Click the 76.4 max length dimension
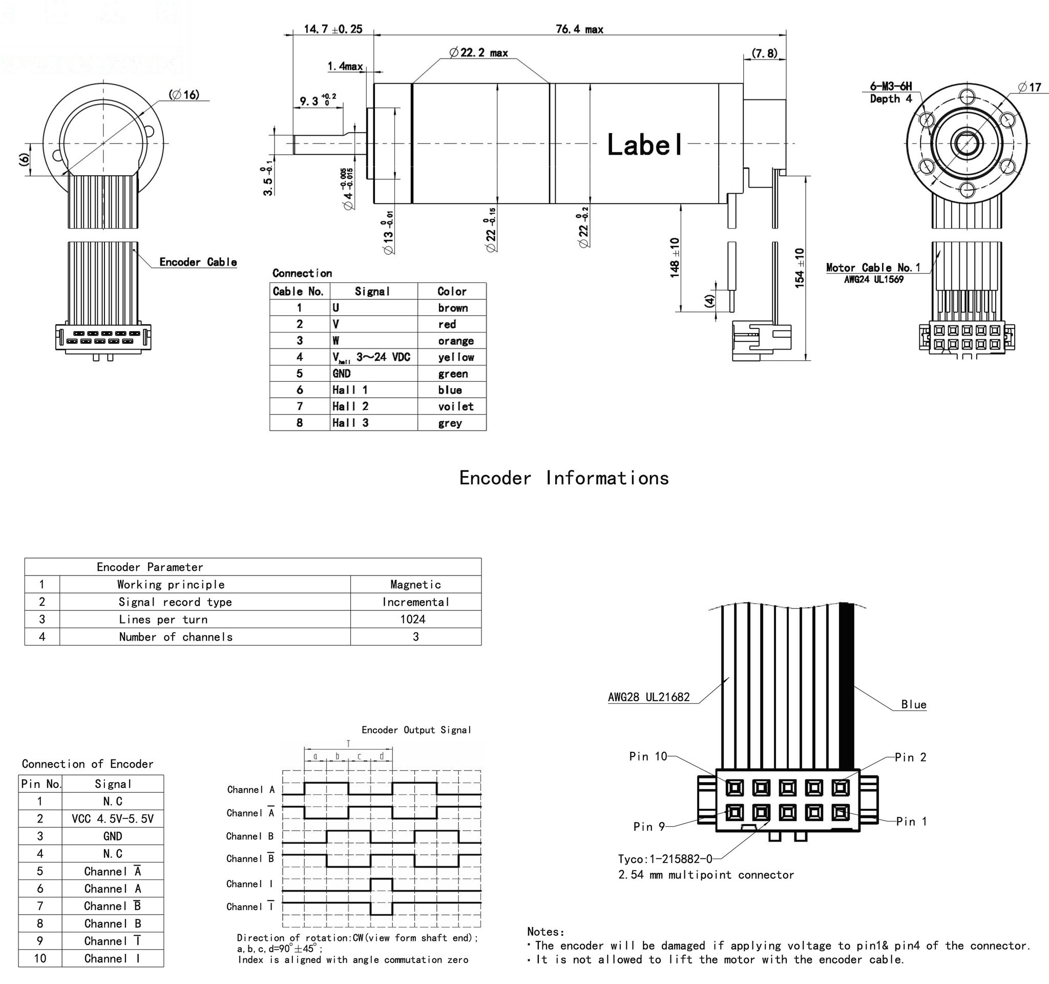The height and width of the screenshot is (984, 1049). pyautogui.click(x=579, y=29)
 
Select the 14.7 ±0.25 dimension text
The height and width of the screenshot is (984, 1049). pyautogui.click(x=332, y=29)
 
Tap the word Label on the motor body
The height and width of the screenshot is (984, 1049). pyautogui.click(x=644, y=145)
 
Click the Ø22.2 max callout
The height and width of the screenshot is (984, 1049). pyautogui.click(x=478, y=52)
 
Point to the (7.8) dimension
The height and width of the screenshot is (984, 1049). pyautogui.click(x=764, y=53)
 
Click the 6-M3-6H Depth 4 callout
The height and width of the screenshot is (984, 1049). pyautogui.click(x=891, y=92)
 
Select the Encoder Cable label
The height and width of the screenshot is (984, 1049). pyautogui.click(x=198, y=262)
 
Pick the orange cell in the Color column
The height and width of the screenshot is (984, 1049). pyautogui.click(x=455, y=341)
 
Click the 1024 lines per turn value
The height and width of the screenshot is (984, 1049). pyautogui.click(x=413, y=619)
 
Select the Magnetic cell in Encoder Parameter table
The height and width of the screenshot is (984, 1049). pyautogui.click(x=415, y=584)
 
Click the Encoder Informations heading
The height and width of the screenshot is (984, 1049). pyautogui.click(x=563, y=478)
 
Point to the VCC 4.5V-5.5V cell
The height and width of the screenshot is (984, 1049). pyautogui.click(x=112, y=819)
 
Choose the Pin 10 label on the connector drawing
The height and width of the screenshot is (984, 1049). pyautogui.click(x=648, y=756)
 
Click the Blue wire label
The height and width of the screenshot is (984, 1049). pyautogui.click(x=913, y=705)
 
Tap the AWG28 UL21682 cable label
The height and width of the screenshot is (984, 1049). pyautogui.click(x=648, y=698)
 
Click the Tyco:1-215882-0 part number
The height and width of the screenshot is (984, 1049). pyautogui.click(x=665, y=859)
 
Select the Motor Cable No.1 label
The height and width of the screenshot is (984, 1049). pyautogui.click(x=873, y=268)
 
